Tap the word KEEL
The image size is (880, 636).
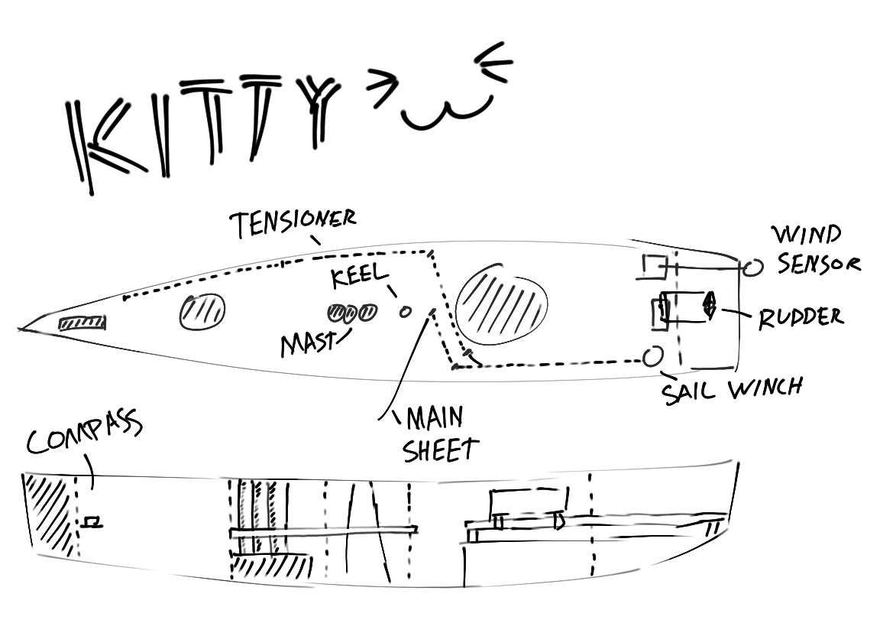359,277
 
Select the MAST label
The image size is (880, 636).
308,345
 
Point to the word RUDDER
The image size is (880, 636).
801,316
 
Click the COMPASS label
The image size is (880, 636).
84,437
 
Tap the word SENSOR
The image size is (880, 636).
818,264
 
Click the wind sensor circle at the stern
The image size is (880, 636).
752,267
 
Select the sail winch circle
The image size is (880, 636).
652,356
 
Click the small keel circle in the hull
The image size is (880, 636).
406,311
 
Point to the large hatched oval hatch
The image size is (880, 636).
502,304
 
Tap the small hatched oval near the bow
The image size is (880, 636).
202,312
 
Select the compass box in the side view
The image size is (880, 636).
93,522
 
